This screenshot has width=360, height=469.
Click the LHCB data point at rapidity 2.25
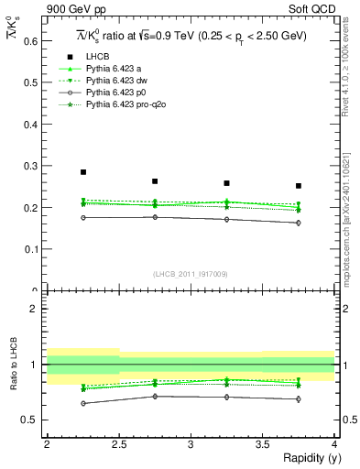point(83,171)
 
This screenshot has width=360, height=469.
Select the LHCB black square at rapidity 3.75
point(298,186)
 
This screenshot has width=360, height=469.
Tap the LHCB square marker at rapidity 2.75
point(155,181)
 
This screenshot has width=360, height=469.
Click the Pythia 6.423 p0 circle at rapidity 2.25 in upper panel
point(83,217)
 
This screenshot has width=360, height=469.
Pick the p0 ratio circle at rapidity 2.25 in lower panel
point(83,403)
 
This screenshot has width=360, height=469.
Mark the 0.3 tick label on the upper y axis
point(31,166)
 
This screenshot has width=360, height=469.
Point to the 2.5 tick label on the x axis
point(119,444)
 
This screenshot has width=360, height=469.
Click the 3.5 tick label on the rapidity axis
point(262,444)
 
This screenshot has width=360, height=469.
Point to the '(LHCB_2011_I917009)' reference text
point(191,273)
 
